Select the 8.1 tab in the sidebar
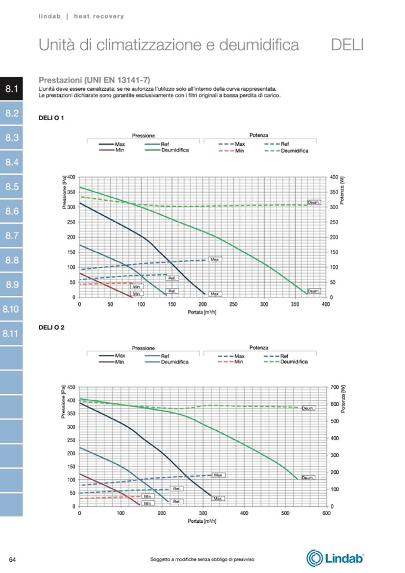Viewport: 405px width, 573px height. [11, 89]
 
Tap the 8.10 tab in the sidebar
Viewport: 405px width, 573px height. [11, 310]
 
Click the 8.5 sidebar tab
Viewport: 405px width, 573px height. [11, 187]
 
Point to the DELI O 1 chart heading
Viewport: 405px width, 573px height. [51, 118]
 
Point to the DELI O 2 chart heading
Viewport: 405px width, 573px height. [51, 328]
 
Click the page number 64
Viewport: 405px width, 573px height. [12, 559]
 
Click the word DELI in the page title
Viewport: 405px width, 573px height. [346, 44]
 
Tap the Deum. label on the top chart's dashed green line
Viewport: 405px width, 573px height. [314, 203]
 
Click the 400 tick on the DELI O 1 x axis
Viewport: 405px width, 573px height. [326, 304]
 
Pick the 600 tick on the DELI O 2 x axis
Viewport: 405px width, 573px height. [326, 513]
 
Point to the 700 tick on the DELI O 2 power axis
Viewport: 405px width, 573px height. [333, 387]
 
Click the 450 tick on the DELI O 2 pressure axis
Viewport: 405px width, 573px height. [72, 387]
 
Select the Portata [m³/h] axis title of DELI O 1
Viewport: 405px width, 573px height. [202, 312]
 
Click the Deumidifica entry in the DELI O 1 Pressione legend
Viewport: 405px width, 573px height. [174, 150]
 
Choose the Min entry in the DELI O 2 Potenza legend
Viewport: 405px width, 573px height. [240, 361]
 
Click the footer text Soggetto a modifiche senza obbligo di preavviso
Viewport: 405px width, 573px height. [202, 559]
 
